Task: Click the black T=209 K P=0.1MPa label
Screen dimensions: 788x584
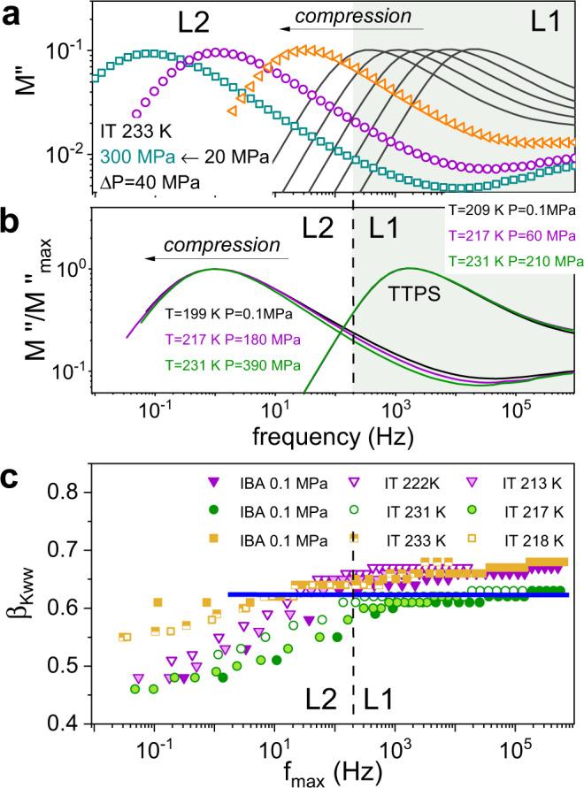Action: pos(512,211)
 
